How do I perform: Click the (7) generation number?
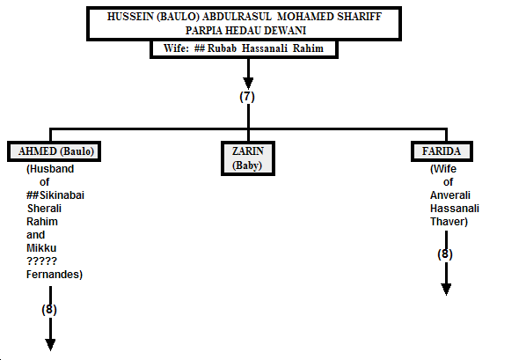pyautogui.click(x=247, y=97)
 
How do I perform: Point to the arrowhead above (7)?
pyautogui.click(x=248, y=83)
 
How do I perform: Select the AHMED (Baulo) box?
pyautogui.click(x=54, y=151)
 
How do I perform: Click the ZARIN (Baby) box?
pyautogui.click(x=248, y=158)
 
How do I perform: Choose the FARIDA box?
pyautogui.click(x=442, y=151)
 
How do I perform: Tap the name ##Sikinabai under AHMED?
pyautogui.click(x=55, y=195)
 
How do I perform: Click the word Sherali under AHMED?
pyautogui.click(x=44, y=209)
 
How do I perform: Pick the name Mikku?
pyautogui.click(x=41, y=248)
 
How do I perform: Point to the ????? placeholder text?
pyautogui.click(x=41, y=261)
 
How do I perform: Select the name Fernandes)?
pyautogui.click(x=55, y=275)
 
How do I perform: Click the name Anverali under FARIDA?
pyautogui.click(x=450, y=195)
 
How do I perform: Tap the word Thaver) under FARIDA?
pyautogui.click(x=449, y=222)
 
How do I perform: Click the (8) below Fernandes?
pyautogui.click(x=49, y=309)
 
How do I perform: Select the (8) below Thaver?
pyautogui.click(x=445, y=253)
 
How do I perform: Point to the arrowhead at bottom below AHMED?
pyautogui.click(x=50, y=345)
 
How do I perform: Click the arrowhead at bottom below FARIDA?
pyautogui.click(x=446, y=290)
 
